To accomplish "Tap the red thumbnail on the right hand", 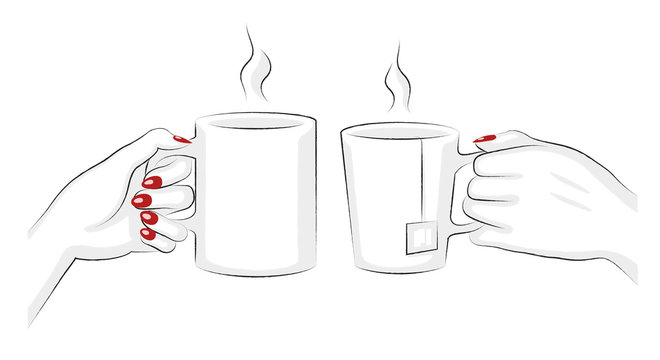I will (484, 137).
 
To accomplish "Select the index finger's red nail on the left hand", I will (153, 182).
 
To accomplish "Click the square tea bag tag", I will (418, 236).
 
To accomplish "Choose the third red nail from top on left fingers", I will (146, 218).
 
